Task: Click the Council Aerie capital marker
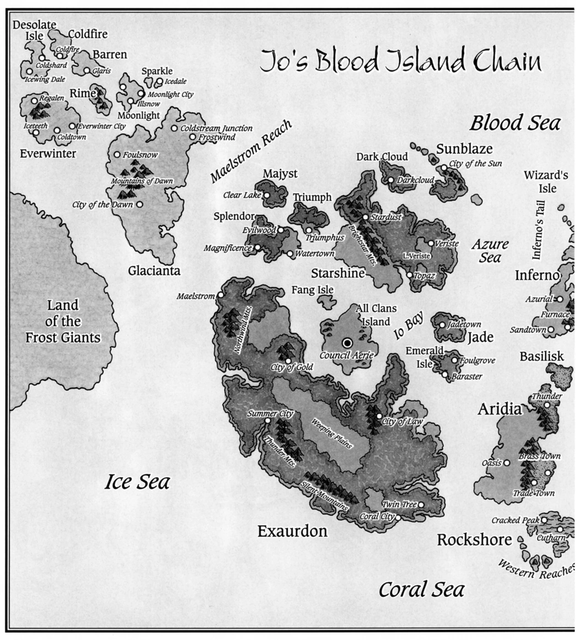coord(347,343)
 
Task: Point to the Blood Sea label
coord(514,123)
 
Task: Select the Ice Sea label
coord(137,482)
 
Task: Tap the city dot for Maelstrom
coord(221,295)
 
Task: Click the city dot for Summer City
coord(267,421)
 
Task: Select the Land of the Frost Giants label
coord(63,321)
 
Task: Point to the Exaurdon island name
coord(292,531)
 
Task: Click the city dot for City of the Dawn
coord(140,204)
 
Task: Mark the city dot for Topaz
coord(409,274)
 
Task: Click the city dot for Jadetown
coord(442,324)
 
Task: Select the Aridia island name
coord(499,409)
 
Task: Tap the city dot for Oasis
coord(507,463)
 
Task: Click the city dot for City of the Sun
coord(444,167)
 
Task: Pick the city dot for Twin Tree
coord(421,504)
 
